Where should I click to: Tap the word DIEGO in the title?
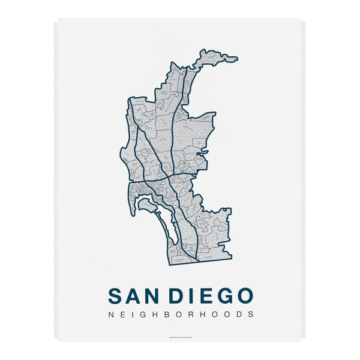(x=211, y=296)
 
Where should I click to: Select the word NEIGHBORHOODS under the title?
(x=180, y=314)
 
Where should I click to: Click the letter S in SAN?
(x=115, y=296)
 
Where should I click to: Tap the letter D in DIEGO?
(x=177, y=296)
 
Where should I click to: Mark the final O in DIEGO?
(x=244, y=296)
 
